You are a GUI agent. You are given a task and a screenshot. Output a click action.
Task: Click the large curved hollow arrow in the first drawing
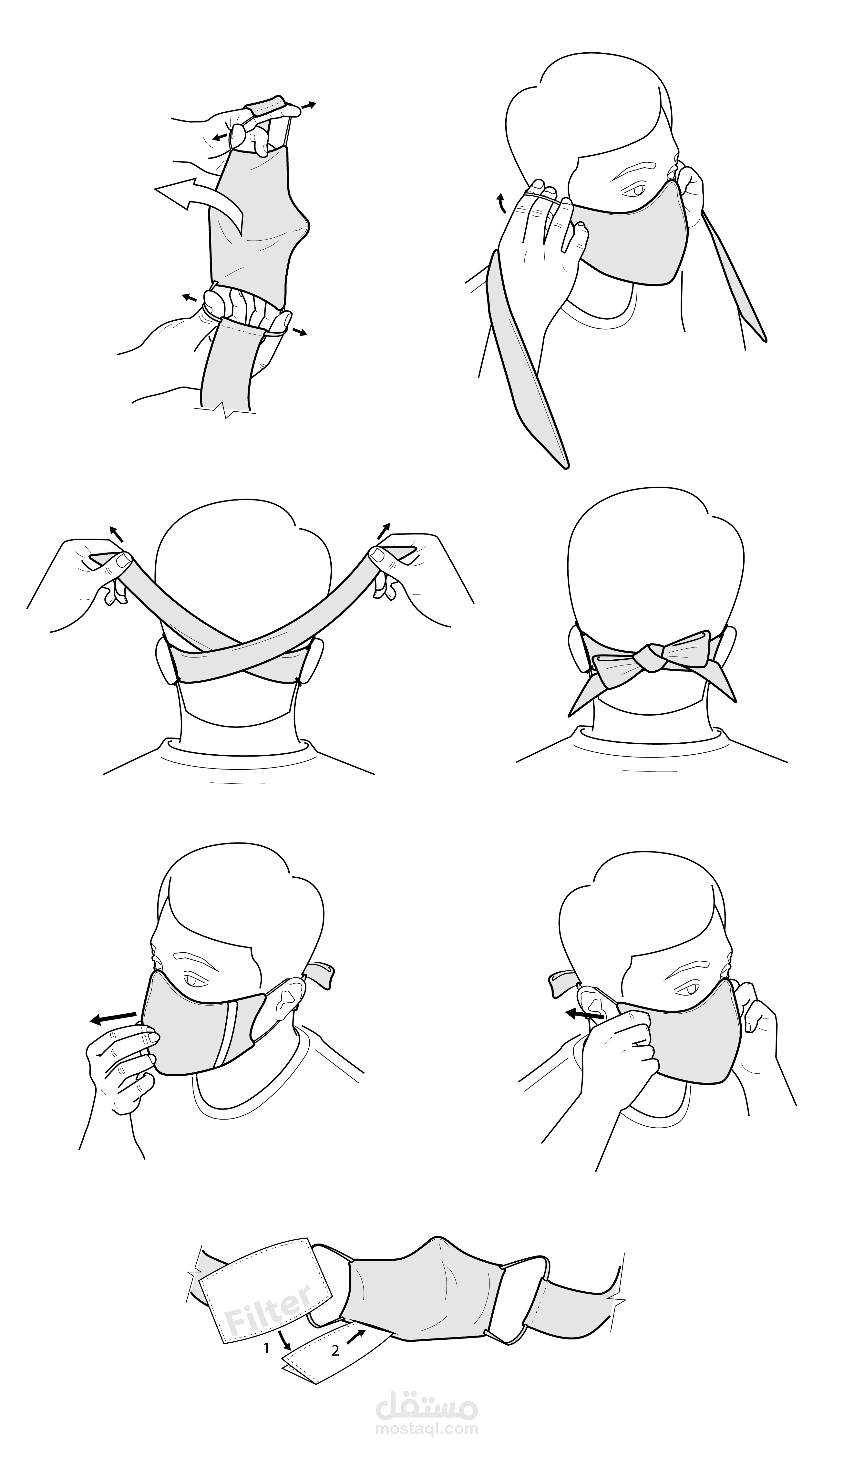pos(207,201)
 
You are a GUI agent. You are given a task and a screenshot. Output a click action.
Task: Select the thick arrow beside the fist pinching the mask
pos(584,1014)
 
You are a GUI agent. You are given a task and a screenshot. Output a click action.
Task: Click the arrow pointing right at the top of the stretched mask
pos(306,106)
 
